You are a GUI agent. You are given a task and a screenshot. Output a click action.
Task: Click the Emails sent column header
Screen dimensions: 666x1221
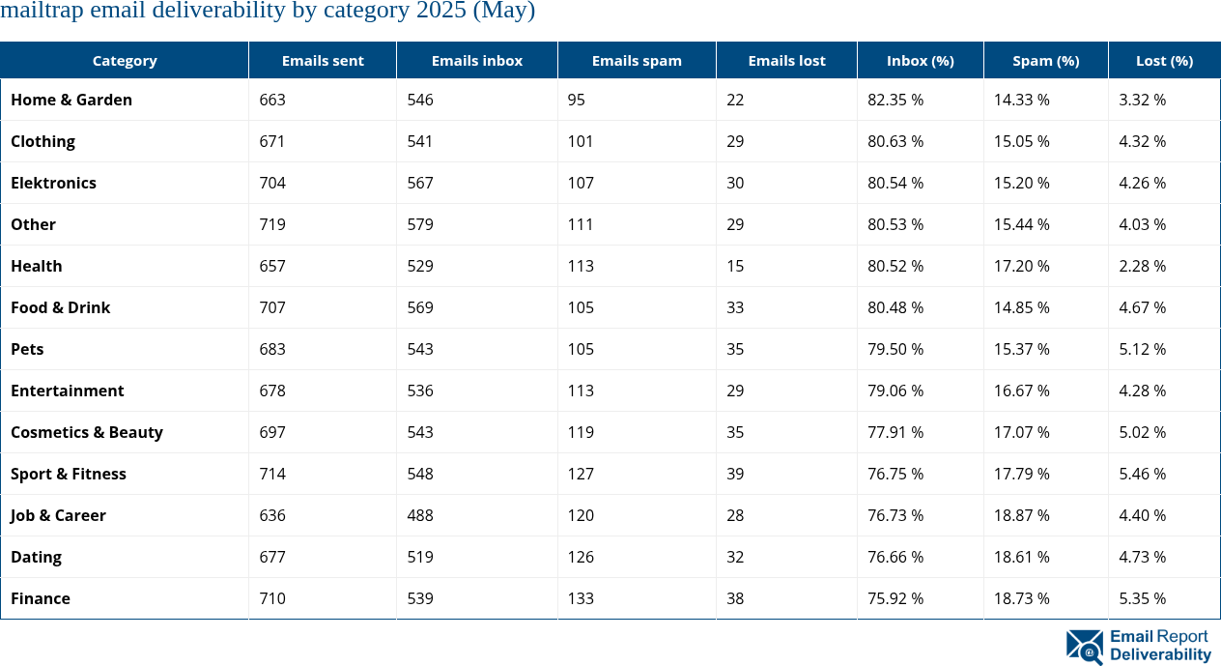pos(323,60)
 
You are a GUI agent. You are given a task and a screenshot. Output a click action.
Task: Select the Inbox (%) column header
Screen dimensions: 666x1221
pos(920,60)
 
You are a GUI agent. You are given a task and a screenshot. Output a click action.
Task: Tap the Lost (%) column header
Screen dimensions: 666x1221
pos(1164,60)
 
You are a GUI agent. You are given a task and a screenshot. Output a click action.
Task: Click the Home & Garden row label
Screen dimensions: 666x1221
pos(71,100)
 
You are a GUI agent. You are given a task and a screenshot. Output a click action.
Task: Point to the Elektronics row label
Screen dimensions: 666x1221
pos(53,183)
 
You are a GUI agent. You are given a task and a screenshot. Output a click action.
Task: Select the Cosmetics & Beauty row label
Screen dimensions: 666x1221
pos(87,432)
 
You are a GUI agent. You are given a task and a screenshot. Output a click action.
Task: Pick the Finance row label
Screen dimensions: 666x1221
pos(41,598)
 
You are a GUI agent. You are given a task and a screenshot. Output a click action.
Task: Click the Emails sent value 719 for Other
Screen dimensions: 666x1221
pos(272,224)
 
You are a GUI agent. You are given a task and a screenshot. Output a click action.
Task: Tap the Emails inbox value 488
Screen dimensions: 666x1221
pos(419,515)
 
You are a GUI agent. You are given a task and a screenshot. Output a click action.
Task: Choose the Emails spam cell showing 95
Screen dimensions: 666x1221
pos(577,100)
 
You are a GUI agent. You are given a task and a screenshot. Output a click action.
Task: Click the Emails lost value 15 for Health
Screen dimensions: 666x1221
pos(735,266)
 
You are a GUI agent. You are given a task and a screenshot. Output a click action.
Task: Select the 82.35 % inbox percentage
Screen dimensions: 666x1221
pos(895,100)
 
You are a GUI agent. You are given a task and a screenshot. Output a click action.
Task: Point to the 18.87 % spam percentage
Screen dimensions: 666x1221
pos(1022,515)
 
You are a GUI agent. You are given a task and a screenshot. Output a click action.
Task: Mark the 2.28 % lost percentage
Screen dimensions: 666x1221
pos(1142,266)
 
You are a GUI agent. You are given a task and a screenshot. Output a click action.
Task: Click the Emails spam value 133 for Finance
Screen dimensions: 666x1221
pos(581,598)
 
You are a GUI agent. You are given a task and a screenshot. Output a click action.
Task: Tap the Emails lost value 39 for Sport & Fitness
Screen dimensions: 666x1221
pos(735,474)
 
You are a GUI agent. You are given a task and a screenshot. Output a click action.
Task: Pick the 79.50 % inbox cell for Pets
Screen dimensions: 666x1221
pos(895,349)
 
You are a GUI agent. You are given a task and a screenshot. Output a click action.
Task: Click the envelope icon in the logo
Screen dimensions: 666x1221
pos(1084,646)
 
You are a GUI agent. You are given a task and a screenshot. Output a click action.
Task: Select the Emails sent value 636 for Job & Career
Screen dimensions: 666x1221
pos(272,515)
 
